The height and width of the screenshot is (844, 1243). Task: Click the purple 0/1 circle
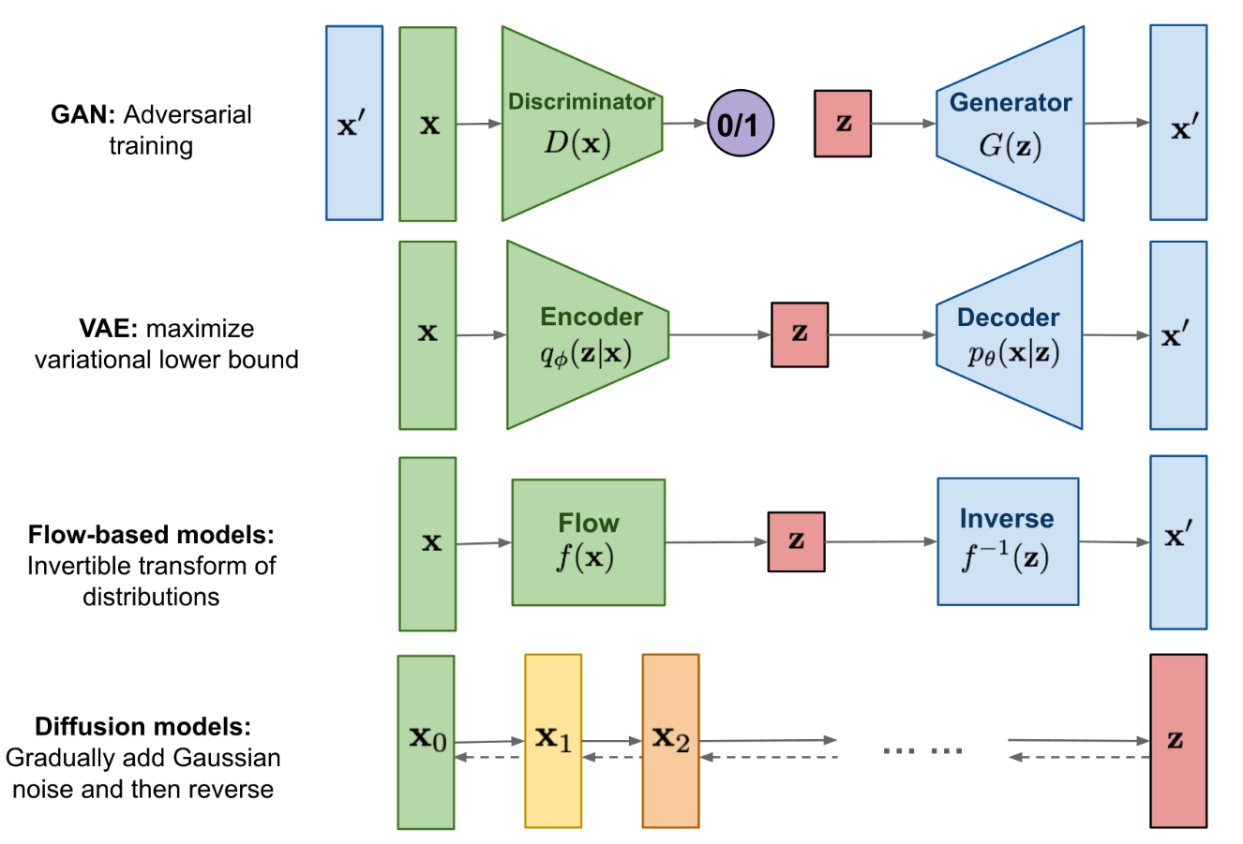[x=741, y=124]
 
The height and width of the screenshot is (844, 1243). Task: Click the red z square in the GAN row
[x=843, y=124]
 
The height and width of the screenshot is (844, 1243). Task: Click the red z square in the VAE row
[x=800, y=334]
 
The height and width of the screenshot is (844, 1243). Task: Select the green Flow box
[x=589, y=542]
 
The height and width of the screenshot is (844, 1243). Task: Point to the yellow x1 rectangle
[x=553, y=741]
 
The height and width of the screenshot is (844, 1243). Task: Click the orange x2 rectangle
[x=670, y=741]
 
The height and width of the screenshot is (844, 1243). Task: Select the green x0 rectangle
[x=426, y=741]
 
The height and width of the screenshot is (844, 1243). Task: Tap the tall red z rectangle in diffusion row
[x=1178, y=741]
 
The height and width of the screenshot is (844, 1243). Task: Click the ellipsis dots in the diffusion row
[x=922, y=749]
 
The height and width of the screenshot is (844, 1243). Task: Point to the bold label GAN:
[x=83, y=115]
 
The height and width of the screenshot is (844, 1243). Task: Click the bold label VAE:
[x=110, y=329]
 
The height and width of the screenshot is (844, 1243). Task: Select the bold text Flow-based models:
[x=151, y=535]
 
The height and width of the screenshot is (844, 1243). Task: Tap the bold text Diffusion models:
[x=142, y=727]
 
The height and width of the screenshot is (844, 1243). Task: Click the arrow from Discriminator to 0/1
[x=685, y=123]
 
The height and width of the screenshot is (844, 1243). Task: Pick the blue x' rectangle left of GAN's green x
[x=354, y=124]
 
